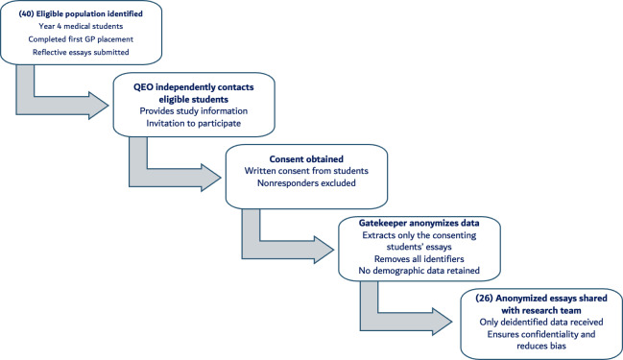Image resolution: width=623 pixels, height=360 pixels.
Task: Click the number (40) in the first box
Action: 26,13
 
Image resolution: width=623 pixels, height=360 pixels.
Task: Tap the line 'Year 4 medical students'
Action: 81,26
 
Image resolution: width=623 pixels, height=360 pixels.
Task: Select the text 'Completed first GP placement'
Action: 81,39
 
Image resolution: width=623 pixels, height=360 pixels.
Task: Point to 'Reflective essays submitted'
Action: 81,53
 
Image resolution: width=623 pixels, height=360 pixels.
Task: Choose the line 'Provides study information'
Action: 194,111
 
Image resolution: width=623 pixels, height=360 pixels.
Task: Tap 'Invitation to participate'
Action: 194,123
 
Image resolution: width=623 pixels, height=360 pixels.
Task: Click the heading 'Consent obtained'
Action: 306,159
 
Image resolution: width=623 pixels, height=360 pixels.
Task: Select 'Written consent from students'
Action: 306,171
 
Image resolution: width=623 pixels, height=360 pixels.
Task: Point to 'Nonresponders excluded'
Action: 306,183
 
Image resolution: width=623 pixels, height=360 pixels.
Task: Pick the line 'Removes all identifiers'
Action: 419,259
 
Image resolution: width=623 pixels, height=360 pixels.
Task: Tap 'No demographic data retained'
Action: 419,271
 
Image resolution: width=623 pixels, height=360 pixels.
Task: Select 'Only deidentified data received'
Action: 541,323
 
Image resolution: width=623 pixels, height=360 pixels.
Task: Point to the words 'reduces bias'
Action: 541,347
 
